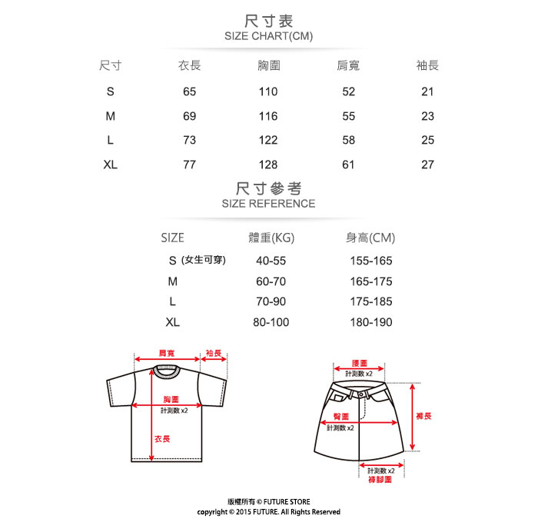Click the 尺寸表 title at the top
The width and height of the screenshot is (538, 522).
268,21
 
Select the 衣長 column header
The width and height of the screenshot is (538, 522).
189,66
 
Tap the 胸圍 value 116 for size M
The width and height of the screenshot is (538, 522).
268,116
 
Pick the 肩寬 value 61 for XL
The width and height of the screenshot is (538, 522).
348,165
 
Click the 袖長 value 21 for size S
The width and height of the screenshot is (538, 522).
428,91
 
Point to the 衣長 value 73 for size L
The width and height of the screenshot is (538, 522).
189,140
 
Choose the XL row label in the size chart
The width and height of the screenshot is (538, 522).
111,165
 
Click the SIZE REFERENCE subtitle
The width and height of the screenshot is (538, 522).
268,204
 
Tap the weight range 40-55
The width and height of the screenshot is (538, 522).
271,261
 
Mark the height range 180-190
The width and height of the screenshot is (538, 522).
371,322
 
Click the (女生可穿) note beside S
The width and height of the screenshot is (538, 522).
204,261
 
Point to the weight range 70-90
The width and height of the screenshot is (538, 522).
271,302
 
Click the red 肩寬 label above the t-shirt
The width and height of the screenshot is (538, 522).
166,352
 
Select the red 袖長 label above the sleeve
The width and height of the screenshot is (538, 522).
214,352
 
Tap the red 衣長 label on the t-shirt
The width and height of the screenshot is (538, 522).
162,438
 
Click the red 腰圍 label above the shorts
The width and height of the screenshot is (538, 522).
359,363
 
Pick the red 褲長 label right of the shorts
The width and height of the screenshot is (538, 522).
423,416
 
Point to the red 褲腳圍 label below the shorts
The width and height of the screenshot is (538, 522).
380,480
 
